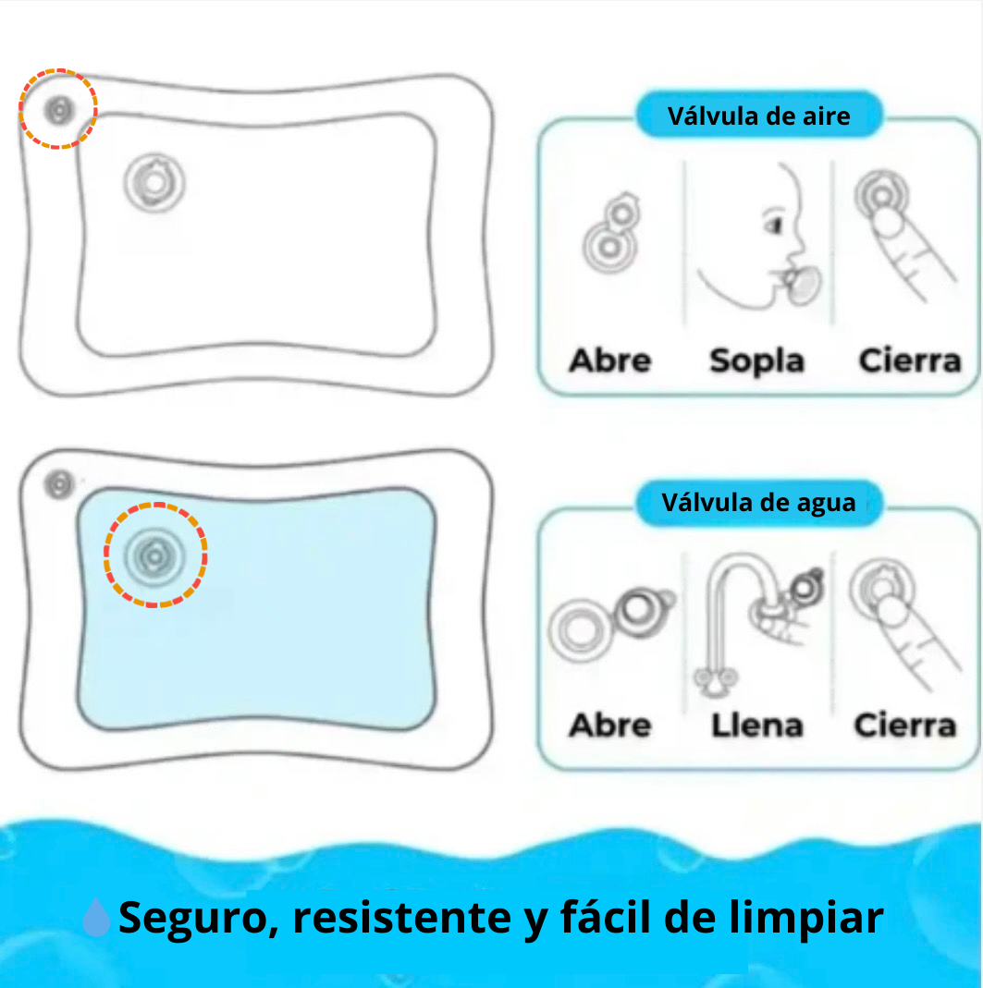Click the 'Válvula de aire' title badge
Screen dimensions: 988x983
point(758,116)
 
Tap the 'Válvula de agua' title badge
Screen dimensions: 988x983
point(758,503)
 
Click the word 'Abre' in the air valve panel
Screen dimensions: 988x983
point(610,360)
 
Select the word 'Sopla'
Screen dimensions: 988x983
point(756,360)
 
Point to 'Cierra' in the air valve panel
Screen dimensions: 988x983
point(910,360)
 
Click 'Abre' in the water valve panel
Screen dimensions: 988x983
point(610,725)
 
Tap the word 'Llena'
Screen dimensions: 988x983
point(756,726)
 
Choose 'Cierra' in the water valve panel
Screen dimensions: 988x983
point(904,725)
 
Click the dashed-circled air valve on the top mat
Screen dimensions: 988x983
point(58,109)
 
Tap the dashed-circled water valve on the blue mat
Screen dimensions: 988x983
point(154,555)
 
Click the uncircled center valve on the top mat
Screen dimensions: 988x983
point(154,183)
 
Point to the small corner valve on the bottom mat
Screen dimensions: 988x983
point(59,483)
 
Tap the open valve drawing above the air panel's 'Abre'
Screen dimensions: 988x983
point(610,236)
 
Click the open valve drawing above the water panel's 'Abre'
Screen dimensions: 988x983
point(610,621)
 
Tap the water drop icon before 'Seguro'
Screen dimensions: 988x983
point(96,919)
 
